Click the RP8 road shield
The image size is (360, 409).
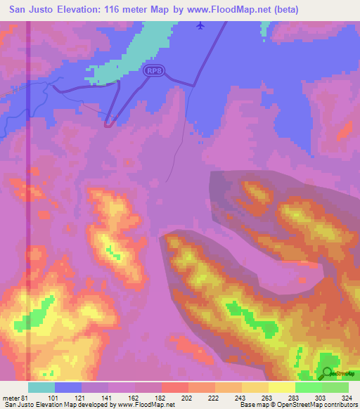[x=155, y=70]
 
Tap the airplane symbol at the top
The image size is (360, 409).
[x=200, y=25]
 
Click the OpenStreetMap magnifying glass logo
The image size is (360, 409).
[x=328, y=372]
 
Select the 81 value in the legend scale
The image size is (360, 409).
[x=27, y=397]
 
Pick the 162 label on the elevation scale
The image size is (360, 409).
[x=132, y=397]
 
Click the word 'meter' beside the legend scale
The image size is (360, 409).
[x=10, y=397]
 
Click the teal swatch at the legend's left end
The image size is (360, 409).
[x=41, y=387]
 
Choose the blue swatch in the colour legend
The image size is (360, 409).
[x=68, y=387]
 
